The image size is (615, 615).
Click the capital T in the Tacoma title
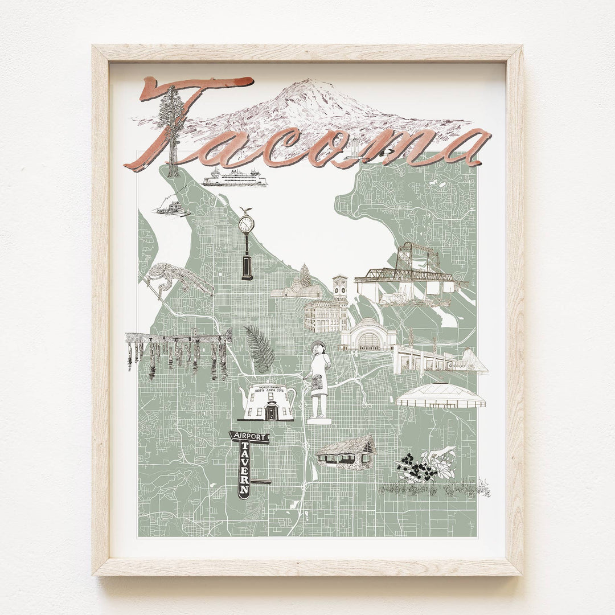click(188, 91)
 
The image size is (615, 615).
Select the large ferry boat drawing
click(235, 178)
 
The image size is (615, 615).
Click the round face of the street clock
click(247, 223)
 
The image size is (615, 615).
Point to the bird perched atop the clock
click(246, 210)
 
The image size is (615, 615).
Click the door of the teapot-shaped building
click(270, 412)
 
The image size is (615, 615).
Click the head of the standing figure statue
click(317, 347)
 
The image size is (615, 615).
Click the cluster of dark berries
click(419, 470)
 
